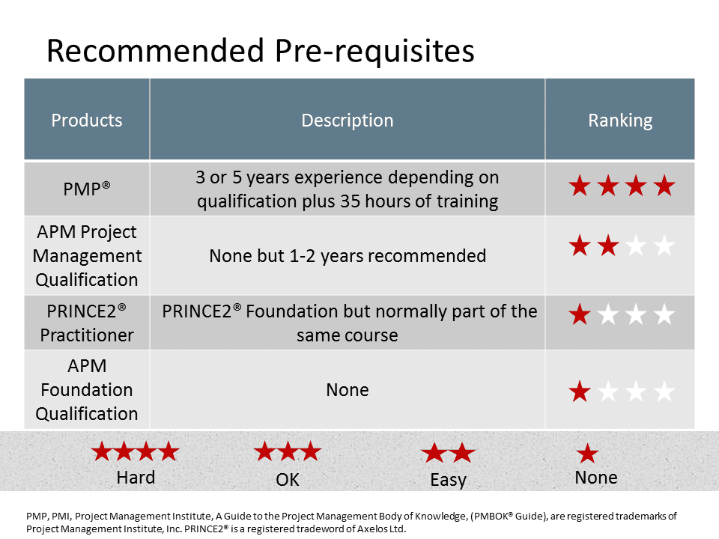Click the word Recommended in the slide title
[155, 50]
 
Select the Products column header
[87, 120]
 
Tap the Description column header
[347, 120]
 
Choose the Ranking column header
[620, 121]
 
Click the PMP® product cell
[87, 189]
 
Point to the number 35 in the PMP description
[350, 201]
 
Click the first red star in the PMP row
[580, 186]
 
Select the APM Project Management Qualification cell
[87, 256]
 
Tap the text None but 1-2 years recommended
[347, 256]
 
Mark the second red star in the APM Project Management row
[608, 246]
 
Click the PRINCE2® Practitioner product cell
[87, 323]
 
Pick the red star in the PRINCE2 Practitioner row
[580, 315]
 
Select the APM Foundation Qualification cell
[87, 389]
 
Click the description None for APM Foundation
[347, 390]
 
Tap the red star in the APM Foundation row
[580, 392]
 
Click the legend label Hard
[136, 478]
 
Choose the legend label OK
[288, 480]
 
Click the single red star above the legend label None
[587, 454]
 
